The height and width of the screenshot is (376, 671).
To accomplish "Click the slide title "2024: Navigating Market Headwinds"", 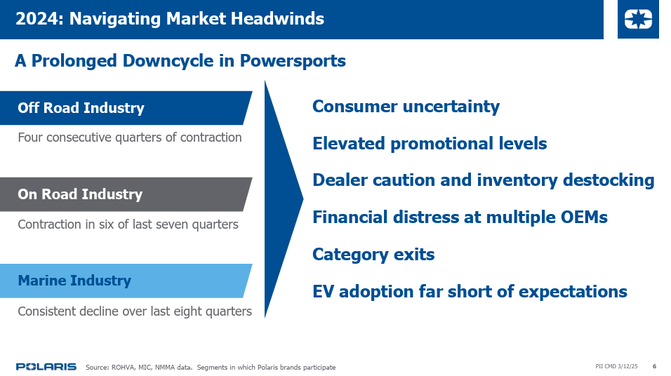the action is pos(169,19).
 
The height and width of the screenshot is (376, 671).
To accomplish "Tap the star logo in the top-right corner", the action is pos(638,19).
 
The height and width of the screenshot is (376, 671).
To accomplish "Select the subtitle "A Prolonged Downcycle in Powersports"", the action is pos(180,61).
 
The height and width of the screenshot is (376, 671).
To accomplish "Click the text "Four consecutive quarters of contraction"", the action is pos(130,137).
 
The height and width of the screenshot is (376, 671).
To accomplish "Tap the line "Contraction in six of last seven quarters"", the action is pos(128,224).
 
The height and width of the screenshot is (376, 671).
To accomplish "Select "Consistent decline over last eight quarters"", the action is pos(135,311).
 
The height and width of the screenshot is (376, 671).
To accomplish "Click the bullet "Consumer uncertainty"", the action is pos(406,107).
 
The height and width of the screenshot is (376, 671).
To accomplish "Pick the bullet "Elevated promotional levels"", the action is pos(430,144).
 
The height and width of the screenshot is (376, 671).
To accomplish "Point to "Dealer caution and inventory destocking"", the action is pos(484,180).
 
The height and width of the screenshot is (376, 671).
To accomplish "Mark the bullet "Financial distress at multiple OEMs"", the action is pos(460,217).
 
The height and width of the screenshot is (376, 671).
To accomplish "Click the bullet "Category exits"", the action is pos(373,255).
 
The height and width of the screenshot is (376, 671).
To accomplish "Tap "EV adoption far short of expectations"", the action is pos(470,292).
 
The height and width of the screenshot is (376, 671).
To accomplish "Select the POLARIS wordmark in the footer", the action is pos(46,367).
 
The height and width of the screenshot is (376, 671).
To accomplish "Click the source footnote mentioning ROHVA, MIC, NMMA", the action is pos(211,367).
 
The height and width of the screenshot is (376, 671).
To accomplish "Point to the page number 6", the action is pos(654,366).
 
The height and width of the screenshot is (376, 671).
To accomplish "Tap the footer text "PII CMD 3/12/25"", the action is pos(616,366).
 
